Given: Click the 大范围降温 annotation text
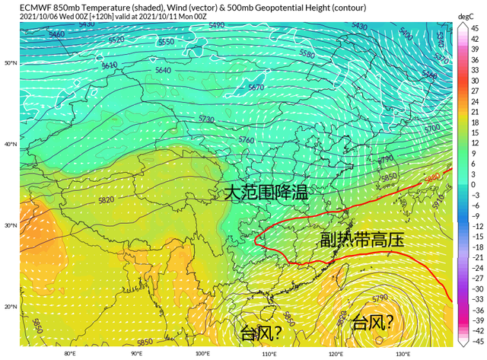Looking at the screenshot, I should click(265, 192).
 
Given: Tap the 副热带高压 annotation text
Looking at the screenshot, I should click(361, 240).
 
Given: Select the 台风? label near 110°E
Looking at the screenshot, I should click(262, 333).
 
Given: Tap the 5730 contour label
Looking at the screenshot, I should click(206, 119).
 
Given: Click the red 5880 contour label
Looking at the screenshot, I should click(432, 177).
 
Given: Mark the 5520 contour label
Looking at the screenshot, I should click(116, 40).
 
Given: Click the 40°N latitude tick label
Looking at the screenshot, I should click(10, 144).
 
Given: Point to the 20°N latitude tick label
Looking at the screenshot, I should click(10, 307).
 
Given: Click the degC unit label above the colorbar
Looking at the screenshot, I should click(466, 16).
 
